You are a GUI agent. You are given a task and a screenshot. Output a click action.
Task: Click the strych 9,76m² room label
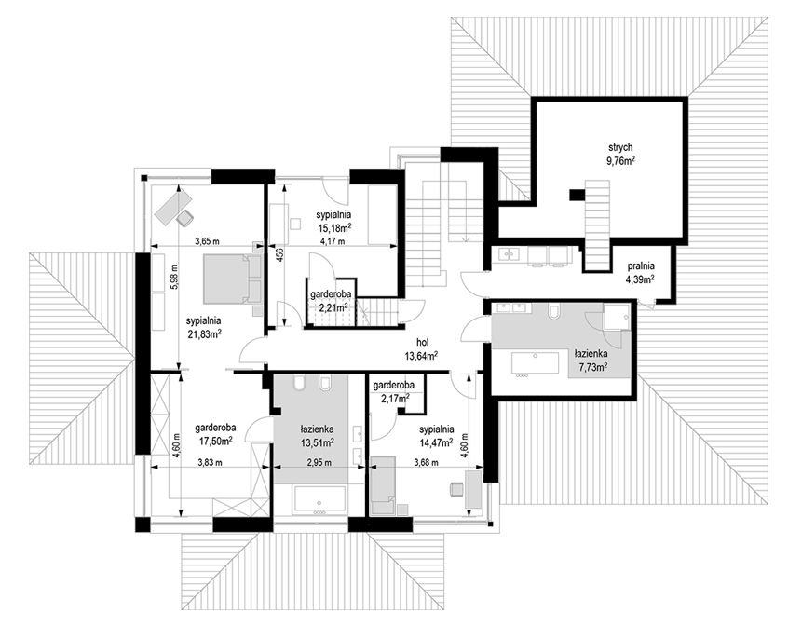[x=621, y=154]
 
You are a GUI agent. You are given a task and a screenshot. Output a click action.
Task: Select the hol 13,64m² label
[x=422, y=348]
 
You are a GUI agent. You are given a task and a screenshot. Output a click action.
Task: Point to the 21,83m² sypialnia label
[x=203, y=327]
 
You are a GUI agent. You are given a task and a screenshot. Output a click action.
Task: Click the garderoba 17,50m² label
[x=215, y=434]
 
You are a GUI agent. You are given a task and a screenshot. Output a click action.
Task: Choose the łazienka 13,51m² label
[x=318, y=435]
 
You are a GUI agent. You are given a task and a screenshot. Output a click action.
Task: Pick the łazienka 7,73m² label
[x=591, y=360]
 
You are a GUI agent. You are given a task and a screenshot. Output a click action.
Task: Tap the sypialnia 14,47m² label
[x=436, y=435]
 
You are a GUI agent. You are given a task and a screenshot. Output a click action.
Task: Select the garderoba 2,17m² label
[x=393, y=390]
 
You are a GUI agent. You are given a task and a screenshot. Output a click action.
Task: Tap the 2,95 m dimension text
[x=319, y=463]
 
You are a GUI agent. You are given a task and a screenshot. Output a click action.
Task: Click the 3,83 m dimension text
[x=210, y=463]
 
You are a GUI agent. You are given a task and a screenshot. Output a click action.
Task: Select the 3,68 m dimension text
[x=426, y=463]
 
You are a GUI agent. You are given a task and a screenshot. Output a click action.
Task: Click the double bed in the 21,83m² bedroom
[x=232, y=279]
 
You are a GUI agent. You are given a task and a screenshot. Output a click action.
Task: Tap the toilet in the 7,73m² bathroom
[x=553, y=311]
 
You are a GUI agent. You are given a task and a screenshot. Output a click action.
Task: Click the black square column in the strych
[x=577, y=195]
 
